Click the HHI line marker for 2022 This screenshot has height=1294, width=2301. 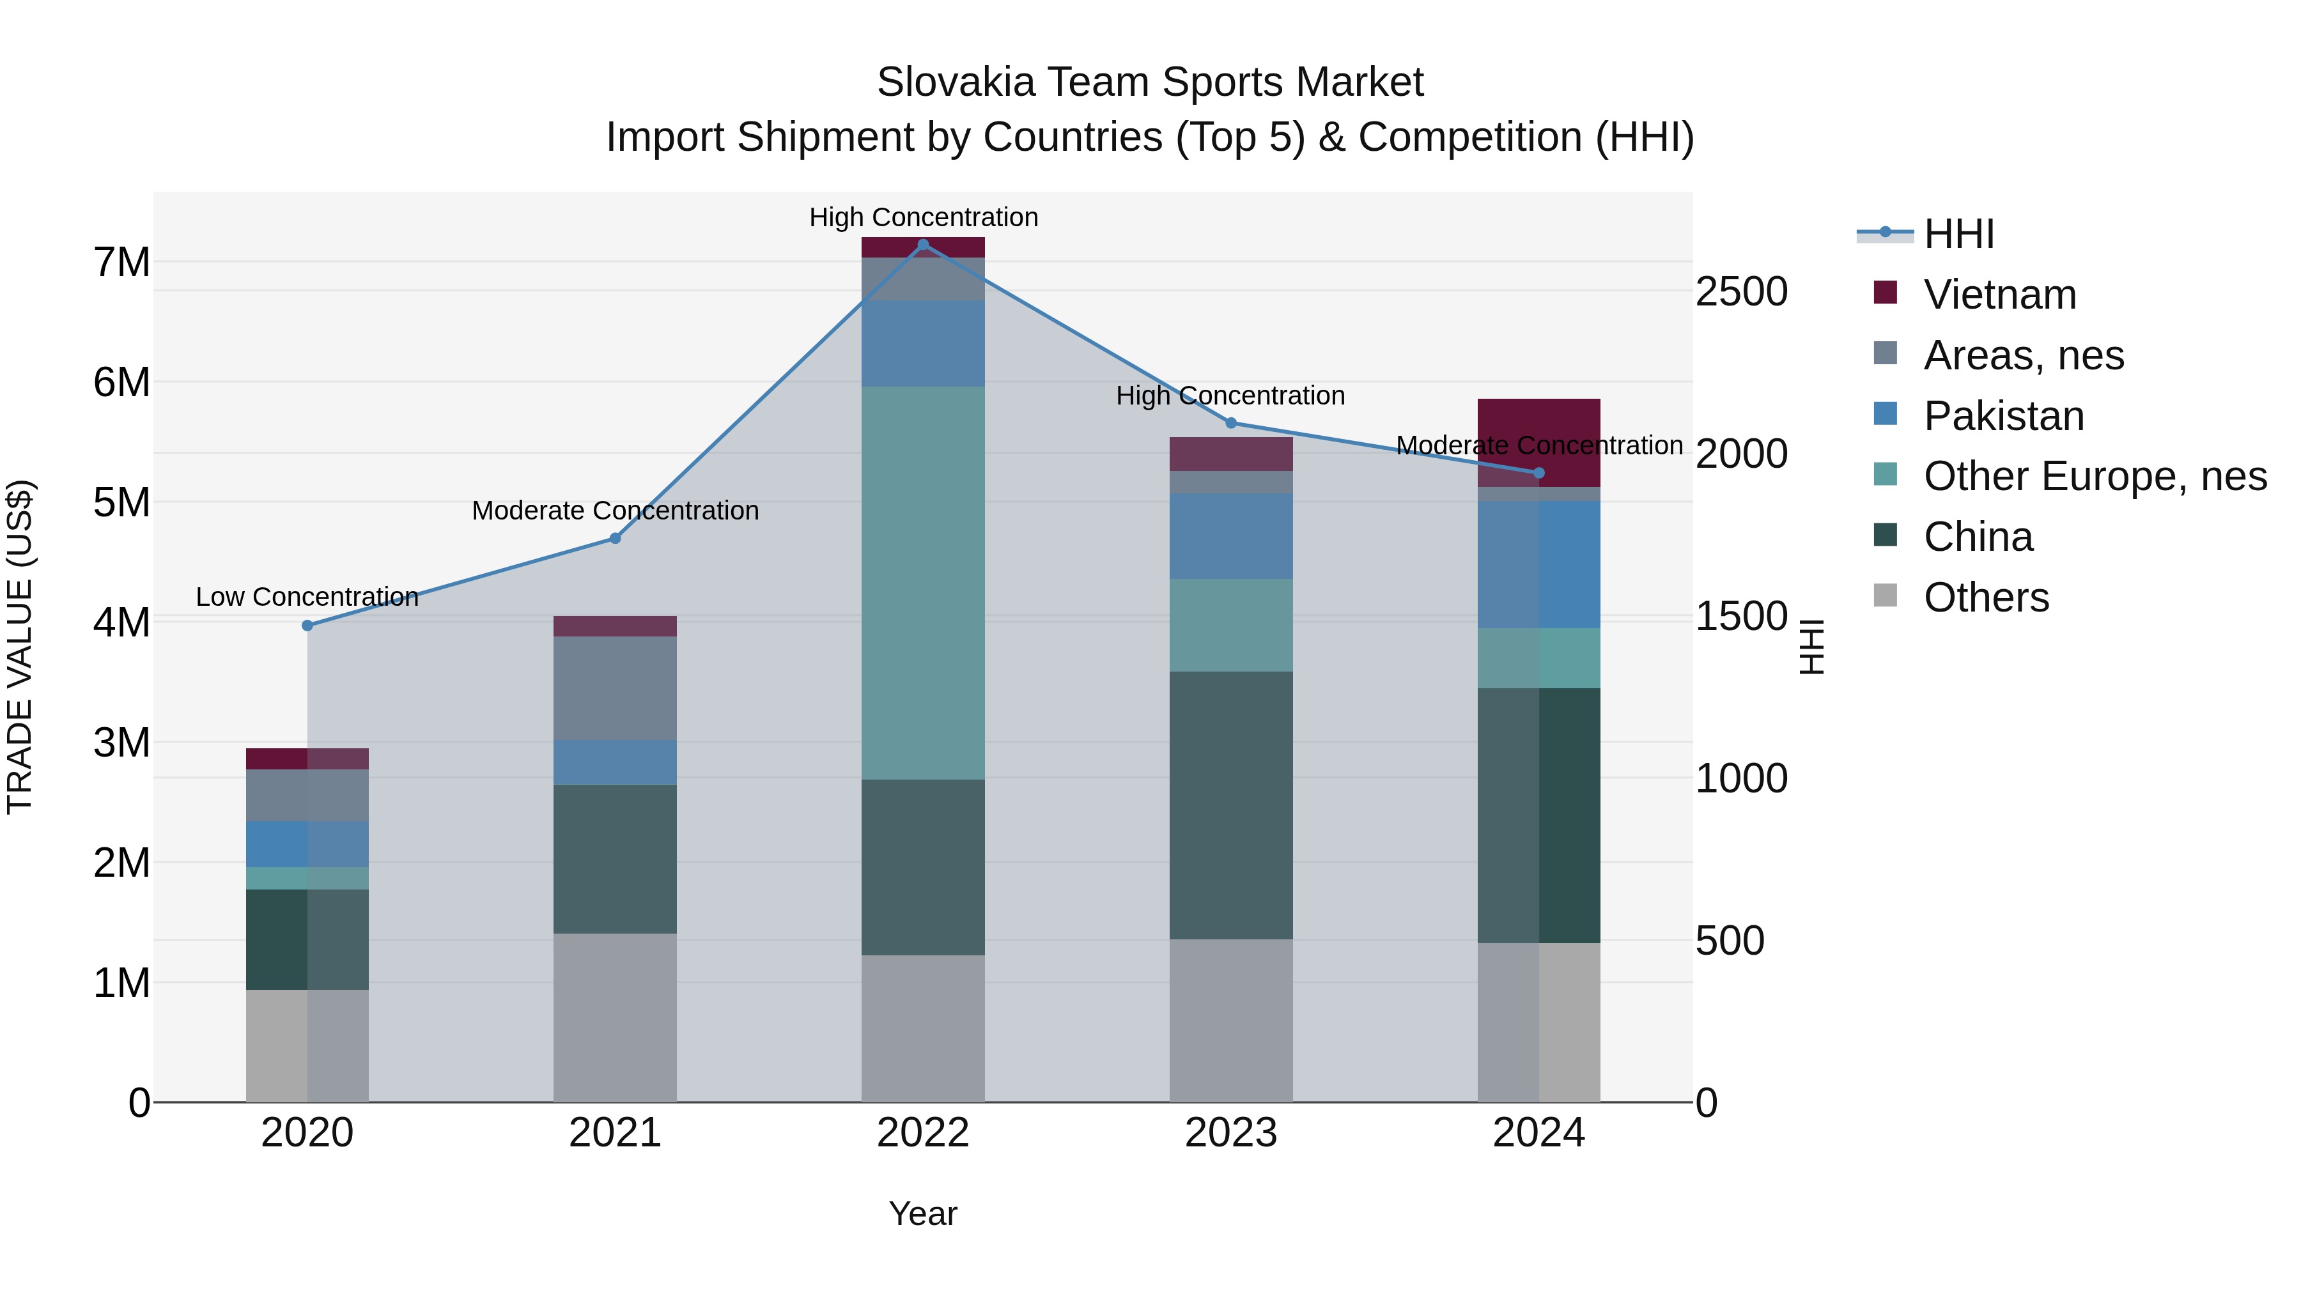click(923, 245)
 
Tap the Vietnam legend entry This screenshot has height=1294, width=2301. click(1999, 295)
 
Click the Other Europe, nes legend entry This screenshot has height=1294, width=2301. click(2094, 477)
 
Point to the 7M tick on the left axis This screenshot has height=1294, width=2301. click(121, 263)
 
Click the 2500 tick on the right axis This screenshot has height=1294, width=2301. click(1741, 292)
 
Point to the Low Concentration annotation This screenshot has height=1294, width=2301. click(307, 597)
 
